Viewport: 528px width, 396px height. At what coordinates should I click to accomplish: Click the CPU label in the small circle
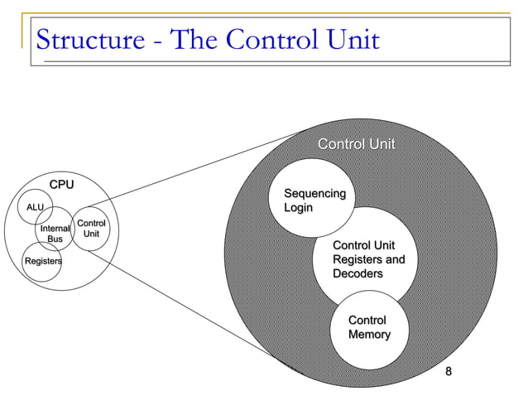pos(60,184)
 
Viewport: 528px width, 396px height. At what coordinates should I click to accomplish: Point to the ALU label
pos(36,207)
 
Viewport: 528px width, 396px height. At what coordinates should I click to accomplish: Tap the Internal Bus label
pos(55,234)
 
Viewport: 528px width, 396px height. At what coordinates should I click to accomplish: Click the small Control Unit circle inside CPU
pos(91,229)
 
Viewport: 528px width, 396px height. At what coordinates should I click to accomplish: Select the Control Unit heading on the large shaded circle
pos(357,145)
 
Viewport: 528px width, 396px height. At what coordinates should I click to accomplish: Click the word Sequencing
pos(314,193)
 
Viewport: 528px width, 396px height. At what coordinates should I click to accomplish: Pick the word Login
pos(299,207)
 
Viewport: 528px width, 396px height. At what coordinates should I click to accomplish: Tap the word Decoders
pos(358,273)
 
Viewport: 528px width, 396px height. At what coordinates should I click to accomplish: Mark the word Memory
pos(369,335)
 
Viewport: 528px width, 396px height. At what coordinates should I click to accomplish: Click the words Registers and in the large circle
pos(368,260)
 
